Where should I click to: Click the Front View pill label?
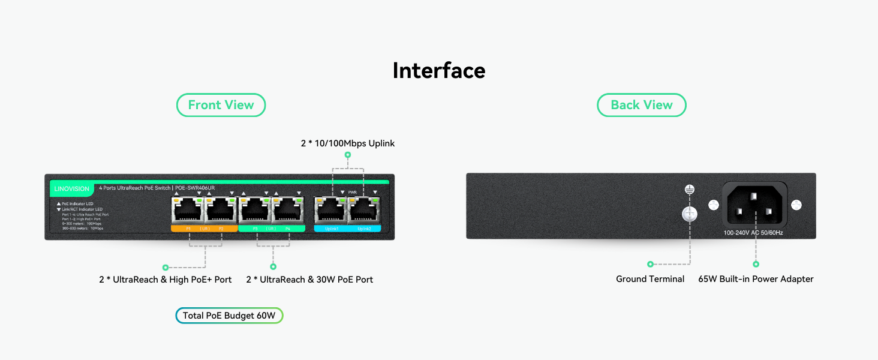click(221, 105)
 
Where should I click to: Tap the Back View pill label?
click(641, 105)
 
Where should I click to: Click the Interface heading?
click(438, 71)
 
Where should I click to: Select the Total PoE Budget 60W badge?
click(228, 316)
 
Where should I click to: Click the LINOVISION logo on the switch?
click(71, 189)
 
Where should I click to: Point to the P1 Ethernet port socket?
click(188, 211)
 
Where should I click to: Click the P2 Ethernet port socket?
click(221, 211)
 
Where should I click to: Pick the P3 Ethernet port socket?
click(255, 211)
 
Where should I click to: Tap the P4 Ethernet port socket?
click(288, 211)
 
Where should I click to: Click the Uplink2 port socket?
click(364, 211)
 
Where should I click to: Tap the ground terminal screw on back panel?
click(690, 214)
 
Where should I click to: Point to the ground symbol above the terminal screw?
click(690, 190)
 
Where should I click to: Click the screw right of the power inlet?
click(796, 205)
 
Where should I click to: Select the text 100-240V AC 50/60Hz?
click(753, 233)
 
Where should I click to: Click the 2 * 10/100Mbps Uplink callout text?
click(348, 143)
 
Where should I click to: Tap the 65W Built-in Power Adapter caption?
click(756, 279)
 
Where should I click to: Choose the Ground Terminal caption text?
click(650, 279)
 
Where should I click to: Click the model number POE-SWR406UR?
click(195, 188)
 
